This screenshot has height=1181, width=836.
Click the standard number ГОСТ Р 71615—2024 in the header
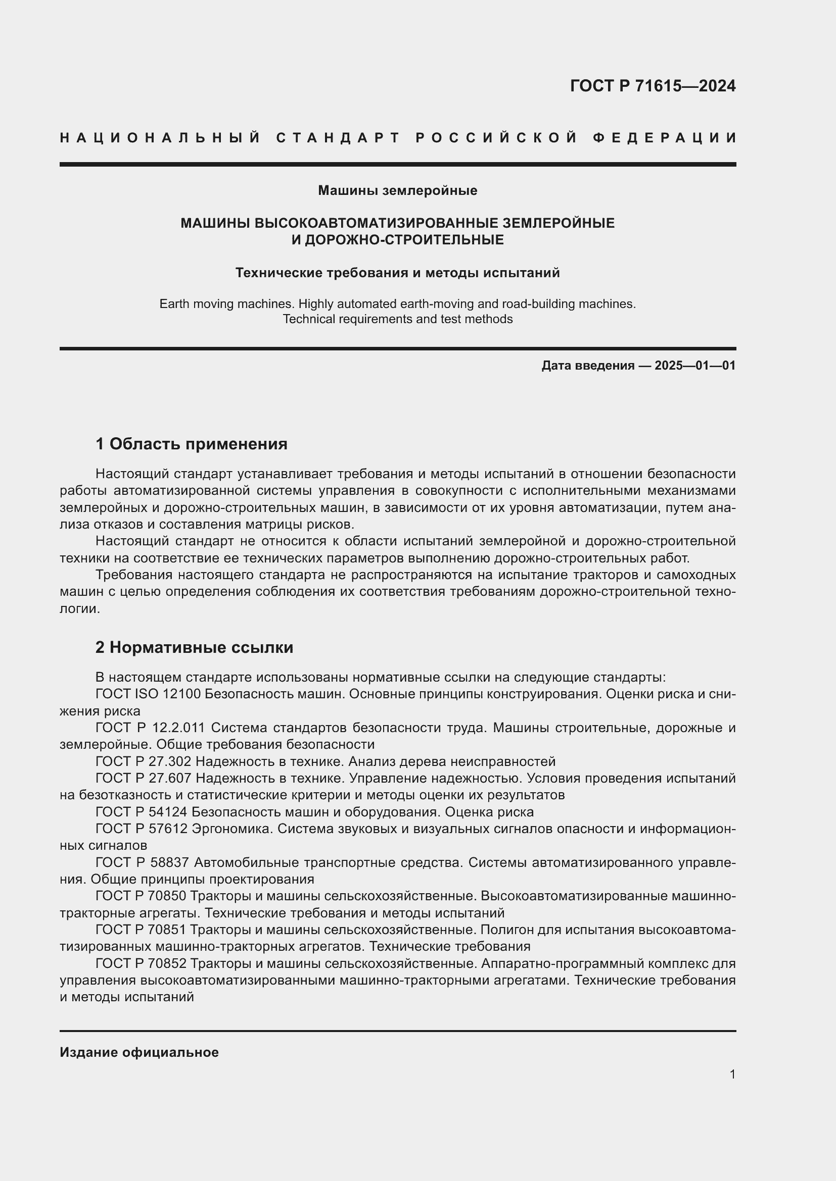point(652,86)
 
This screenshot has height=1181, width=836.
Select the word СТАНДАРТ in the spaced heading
point(338,138)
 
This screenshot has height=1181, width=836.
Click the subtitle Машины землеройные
point(397,191)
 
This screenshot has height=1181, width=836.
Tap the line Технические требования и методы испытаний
point(397,273)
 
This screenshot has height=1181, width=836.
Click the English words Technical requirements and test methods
point(397,320)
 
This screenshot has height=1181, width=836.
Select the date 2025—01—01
point(694,366)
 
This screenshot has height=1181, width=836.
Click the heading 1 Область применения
point(191,443)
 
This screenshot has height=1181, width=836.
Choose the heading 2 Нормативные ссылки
point(194,647)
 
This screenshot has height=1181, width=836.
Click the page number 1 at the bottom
point(732,1074)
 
